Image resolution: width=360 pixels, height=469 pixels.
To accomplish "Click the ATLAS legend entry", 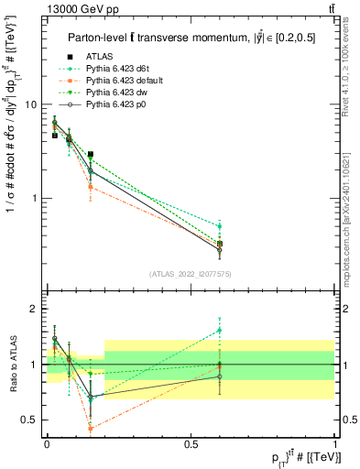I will [99, 55].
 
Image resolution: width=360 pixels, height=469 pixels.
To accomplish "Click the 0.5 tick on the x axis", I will [191, 443].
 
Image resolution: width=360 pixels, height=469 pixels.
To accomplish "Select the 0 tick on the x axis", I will [47, 443].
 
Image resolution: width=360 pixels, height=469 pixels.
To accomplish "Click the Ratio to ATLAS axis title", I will [12, 365].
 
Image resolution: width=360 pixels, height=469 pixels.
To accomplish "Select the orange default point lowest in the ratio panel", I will [90, 428].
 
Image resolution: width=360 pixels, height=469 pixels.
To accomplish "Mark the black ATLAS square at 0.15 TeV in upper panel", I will [90, 155].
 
